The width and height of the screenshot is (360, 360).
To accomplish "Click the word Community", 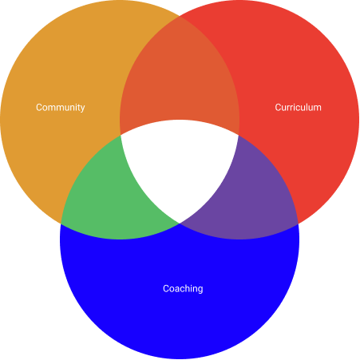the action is point(61,108).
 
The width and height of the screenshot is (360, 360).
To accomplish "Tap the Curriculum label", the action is point(298,107).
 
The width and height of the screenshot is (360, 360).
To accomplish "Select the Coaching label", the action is point(183,289).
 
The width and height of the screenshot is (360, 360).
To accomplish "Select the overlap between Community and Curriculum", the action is point(180,80).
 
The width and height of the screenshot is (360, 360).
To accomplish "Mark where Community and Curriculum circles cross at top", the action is point(180,16).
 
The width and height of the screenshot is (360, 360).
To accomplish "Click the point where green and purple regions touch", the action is point(180,224).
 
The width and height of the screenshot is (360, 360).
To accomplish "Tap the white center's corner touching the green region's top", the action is point(121,135).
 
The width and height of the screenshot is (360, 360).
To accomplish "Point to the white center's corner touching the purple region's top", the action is point(239,135).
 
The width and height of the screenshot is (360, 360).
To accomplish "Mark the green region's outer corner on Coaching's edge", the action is point(61,224).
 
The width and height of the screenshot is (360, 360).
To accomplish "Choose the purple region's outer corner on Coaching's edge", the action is point(299,224).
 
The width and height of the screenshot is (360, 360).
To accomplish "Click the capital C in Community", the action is point(39,108).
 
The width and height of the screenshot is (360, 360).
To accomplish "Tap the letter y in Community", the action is point(82,109).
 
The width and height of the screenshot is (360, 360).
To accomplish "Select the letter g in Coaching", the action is point(200,291).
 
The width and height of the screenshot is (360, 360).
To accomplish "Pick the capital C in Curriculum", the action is point(278,108).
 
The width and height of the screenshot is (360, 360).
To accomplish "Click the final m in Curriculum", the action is point(318,109).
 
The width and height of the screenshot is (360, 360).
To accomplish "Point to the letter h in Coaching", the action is point(188,289).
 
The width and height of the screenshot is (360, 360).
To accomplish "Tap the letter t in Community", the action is point(77,108).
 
